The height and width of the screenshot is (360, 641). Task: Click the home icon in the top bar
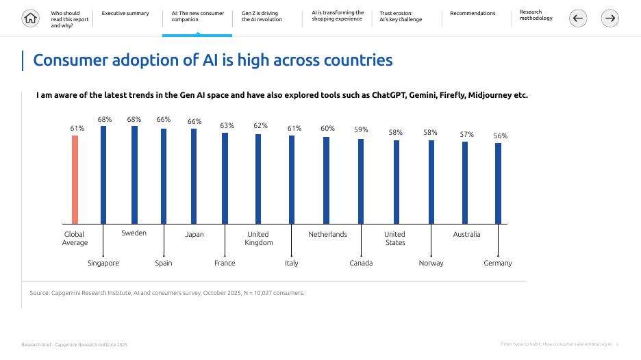coord(31,18)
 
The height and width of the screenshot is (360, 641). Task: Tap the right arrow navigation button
coord(609,18)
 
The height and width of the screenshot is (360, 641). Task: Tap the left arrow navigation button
coord(578,18)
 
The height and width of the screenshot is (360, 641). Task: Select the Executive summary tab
coord(125,14)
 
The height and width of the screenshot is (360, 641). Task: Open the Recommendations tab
coord(473,14)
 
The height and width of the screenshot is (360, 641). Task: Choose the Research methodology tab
coord(536,16)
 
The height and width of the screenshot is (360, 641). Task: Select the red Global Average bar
coord(75,179)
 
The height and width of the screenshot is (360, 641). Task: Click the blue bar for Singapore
coord(103,175)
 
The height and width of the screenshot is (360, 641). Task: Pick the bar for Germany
coord(498,183)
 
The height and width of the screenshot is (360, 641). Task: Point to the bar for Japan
coord(194,176)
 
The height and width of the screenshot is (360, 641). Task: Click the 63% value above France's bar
coord(227,126)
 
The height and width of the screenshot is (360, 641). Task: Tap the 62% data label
coord(260,126)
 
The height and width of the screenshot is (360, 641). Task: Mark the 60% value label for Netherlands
coord(328,129)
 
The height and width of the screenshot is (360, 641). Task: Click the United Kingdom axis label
coord(258,238)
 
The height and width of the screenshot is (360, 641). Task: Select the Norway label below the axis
coord(431,263)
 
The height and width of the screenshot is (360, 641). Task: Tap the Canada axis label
coord(361,263)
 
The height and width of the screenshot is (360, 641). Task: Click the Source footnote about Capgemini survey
coord(167,293)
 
